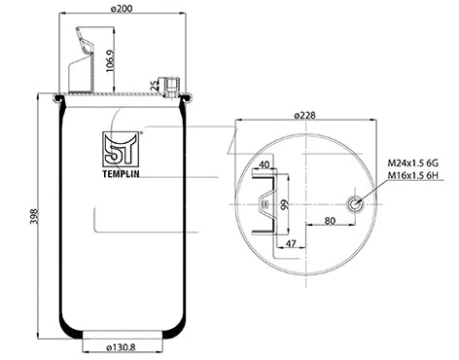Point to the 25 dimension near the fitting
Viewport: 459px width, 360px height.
tap(155, 85)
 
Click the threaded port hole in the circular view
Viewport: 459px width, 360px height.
tap(357, 204)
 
